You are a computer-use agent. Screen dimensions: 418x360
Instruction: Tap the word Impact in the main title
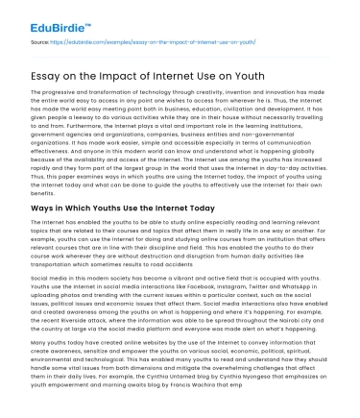(144, 67)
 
